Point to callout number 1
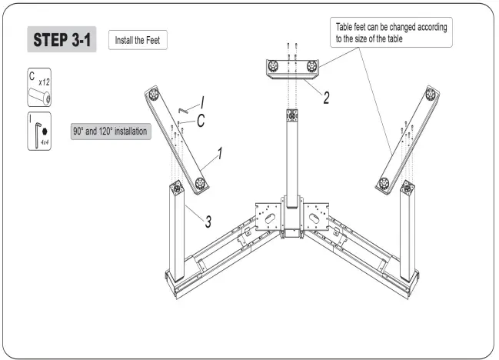[x=221, y=153]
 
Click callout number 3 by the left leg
[x=208, y=222]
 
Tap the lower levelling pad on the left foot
[x=201, y=182]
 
